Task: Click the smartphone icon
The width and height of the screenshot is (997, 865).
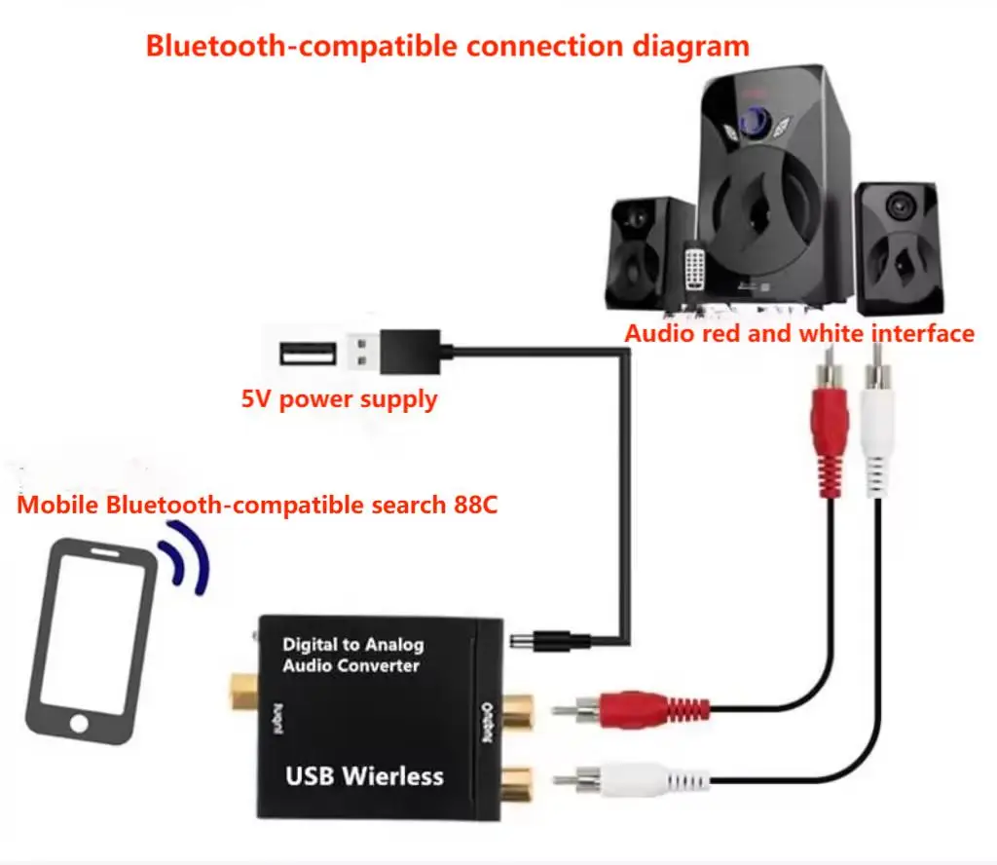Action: tap(92, 643)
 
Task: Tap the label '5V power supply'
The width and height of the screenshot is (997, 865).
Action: tap(339, 399)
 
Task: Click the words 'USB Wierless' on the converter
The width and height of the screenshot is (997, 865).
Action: tap(364, 776)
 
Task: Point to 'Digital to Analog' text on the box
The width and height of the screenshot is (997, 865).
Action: tap(352, 644)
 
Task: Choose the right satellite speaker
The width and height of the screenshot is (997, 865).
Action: tap(897, 244)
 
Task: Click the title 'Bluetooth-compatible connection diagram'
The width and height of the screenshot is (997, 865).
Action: tap(447, 46)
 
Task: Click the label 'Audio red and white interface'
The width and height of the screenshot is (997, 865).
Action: tap(798, 334)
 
